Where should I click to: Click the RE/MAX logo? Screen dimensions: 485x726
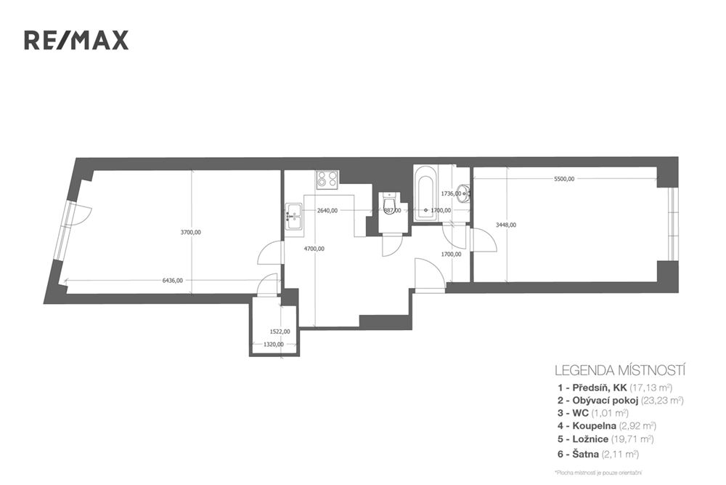(x=76, y=40)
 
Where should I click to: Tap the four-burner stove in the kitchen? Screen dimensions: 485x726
(x=327, y=180)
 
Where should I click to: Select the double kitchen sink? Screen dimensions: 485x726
(x=293, y=216)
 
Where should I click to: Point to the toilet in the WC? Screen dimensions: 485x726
(x=390, y=204)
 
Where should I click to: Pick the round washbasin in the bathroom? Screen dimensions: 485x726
(x=465, y=194)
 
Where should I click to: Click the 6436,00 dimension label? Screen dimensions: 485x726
(x=173, y=280)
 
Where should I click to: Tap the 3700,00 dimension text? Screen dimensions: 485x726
(x=191, y=232)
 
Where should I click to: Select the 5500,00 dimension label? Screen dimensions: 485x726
(x=563, y=178)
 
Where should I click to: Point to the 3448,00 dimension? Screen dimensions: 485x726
(x=505, y=225)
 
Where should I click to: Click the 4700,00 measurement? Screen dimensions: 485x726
(x=314, y=249)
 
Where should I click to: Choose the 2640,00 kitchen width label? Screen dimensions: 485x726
(x=328, y=210)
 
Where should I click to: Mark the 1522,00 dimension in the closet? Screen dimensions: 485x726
(x=280, y=331)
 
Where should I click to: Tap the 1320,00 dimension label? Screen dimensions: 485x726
(x=273, y=345)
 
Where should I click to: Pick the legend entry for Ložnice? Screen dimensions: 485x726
(x=592, y=439)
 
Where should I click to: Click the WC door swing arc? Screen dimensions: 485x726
(x=391, y=246)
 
